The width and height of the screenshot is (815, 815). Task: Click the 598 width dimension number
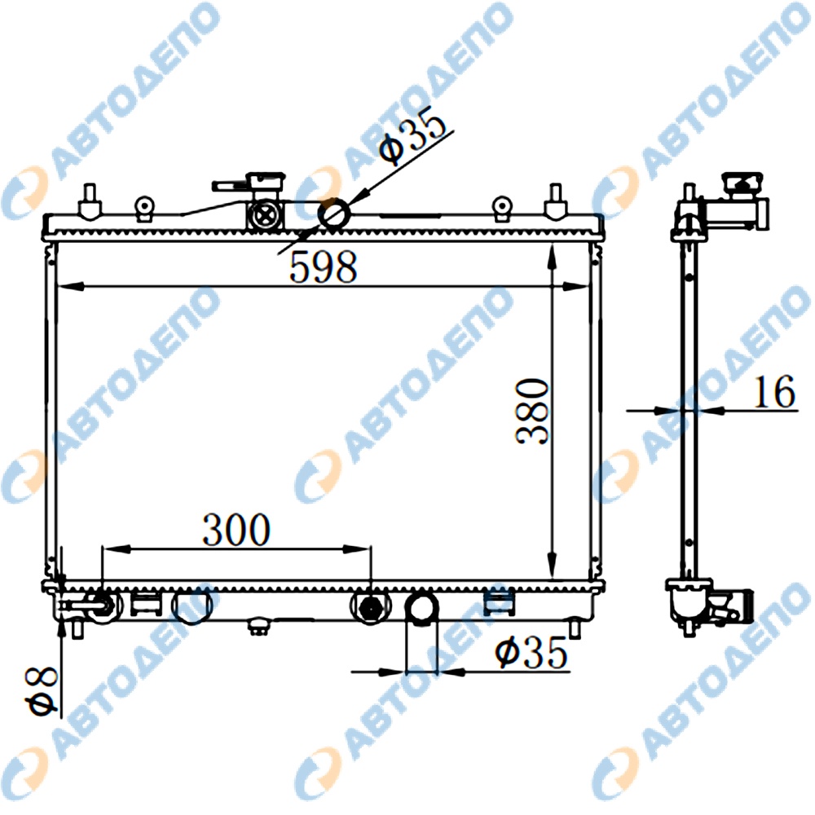coord(323,267)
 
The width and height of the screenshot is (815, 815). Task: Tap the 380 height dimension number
coord(532,411)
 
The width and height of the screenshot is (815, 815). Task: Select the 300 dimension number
coord(236,530)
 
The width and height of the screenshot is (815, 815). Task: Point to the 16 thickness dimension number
coord(774,391)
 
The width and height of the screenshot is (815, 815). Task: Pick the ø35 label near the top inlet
coord(412,134)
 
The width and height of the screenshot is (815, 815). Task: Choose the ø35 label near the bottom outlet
coord(531,652)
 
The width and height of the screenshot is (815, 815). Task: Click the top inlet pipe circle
coord(333,214)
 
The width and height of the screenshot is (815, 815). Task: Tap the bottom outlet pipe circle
coord(421,608)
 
